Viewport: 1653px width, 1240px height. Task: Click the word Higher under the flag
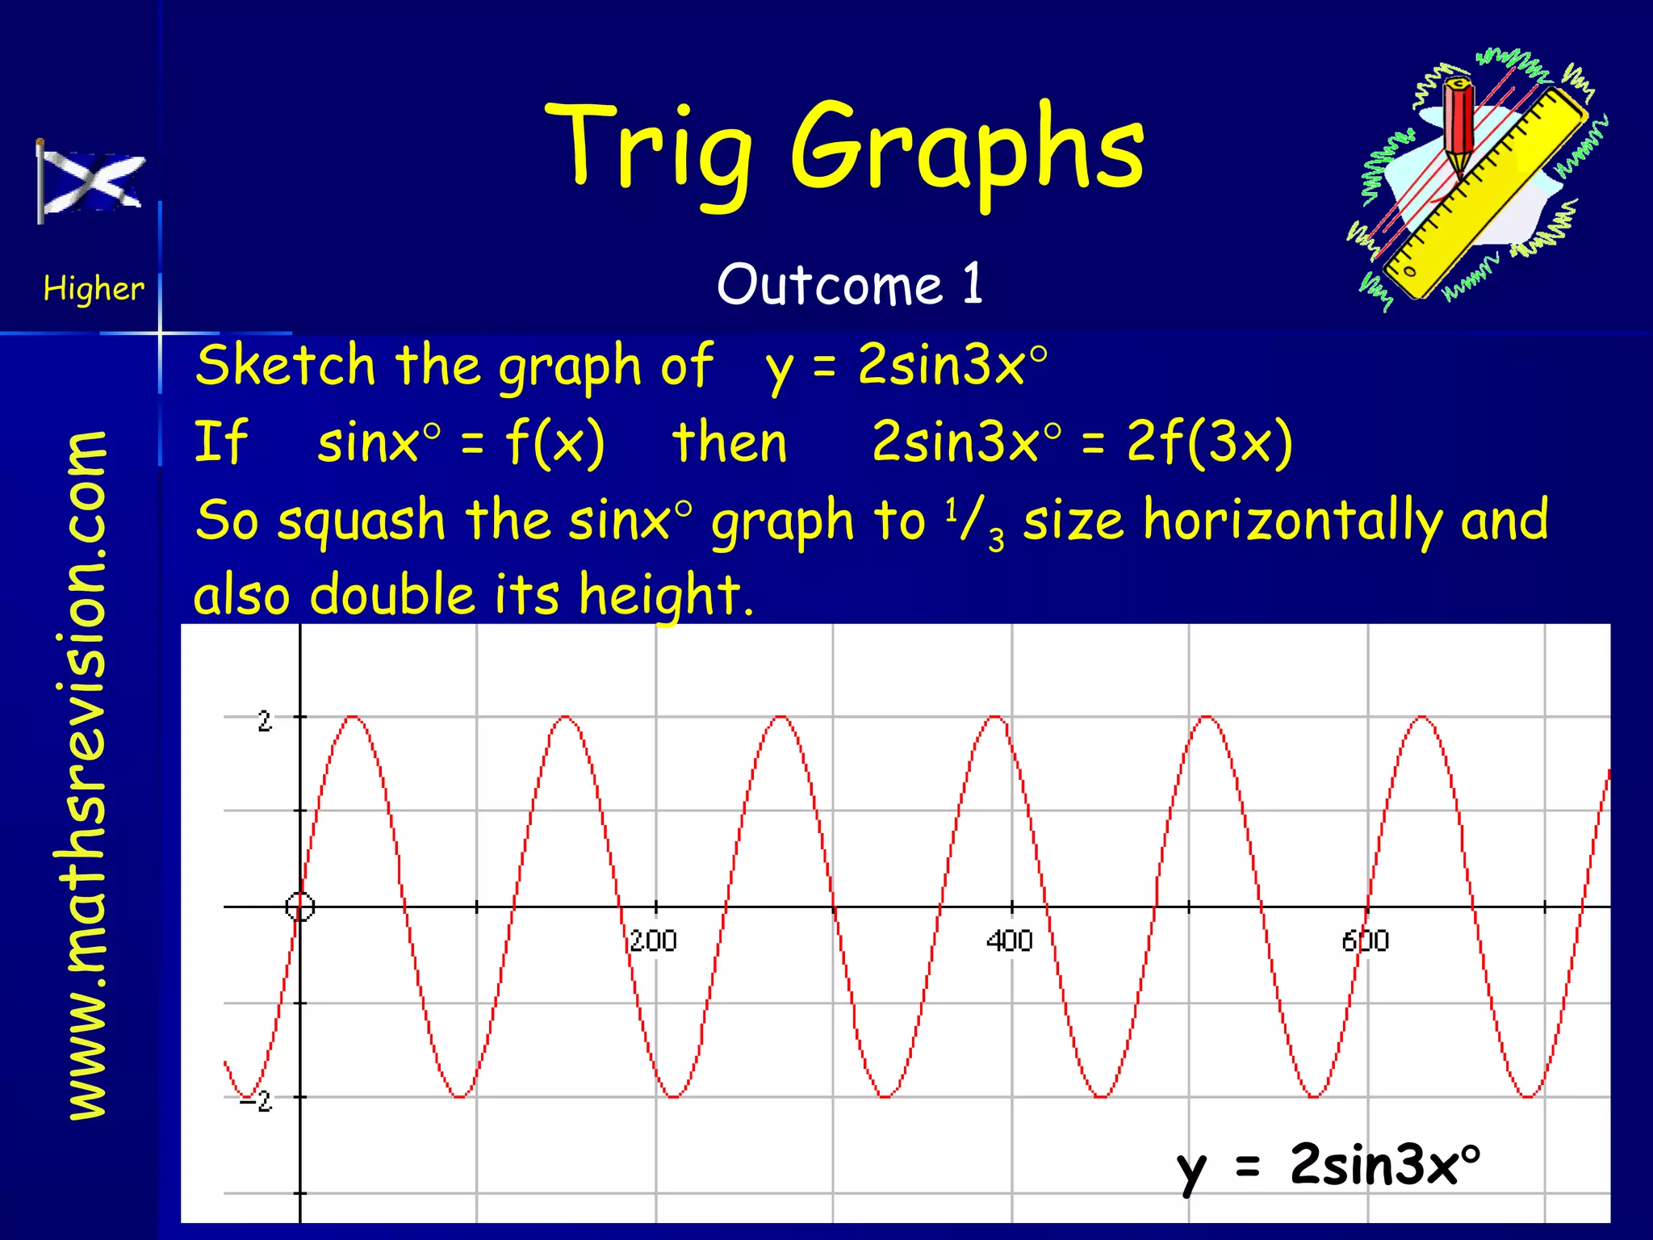[94, 288]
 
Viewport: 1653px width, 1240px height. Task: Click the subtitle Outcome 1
[850, 284]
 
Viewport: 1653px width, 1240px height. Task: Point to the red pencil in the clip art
[1458, 129]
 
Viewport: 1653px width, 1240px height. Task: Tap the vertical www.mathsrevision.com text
[87, 775]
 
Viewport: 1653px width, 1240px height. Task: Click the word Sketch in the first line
[286, 365]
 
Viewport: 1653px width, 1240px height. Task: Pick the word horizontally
[1292, 521]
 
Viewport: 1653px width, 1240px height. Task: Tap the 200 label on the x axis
[653, 941]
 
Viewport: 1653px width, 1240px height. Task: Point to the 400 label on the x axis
[1009, 941]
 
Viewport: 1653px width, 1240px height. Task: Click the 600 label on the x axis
[1366, 941]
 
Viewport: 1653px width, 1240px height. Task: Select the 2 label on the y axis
[265, 721]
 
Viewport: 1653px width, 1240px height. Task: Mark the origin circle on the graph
[300, 907]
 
